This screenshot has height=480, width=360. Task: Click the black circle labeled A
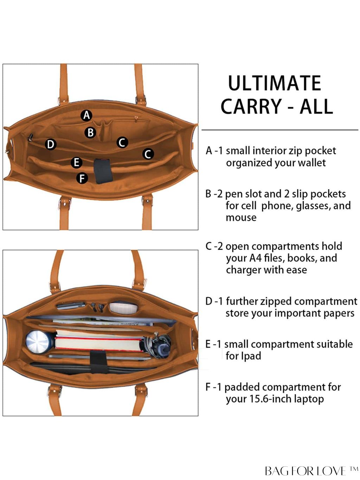click(86, 115)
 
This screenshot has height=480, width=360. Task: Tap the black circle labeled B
click(90, 133)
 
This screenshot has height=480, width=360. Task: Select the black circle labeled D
click(51, 144)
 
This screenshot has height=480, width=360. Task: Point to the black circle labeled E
click(76, 163)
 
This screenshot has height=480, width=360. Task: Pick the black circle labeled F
click(82, 178)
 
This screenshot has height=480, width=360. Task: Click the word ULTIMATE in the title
click(275, 83)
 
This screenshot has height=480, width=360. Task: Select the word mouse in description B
click(241, 217)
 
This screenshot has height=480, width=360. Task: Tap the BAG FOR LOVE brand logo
click(311, 471)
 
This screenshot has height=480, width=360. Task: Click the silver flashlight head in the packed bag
click(38, 342)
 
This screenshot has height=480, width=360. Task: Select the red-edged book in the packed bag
click(99, 343)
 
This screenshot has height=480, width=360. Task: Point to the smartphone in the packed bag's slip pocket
click(71, 306)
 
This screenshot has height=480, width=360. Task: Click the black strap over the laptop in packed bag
click(99, 362)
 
